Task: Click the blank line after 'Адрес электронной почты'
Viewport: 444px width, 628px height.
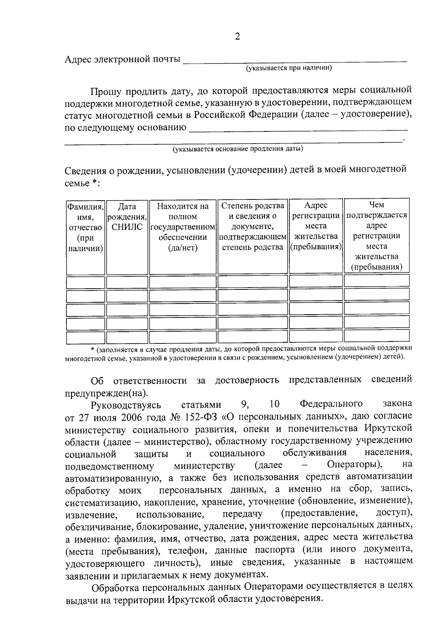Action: point(295,60)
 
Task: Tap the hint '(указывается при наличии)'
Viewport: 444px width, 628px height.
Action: point(289,68)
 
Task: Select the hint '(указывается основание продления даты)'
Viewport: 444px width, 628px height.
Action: point(238,149)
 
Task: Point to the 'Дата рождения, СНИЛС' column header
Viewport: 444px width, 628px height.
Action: point(127,217)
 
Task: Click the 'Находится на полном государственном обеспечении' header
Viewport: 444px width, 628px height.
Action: point(183,227)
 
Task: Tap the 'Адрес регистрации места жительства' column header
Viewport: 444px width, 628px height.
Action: point(316,226)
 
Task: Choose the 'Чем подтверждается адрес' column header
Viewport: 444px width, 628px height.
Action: point(377,236)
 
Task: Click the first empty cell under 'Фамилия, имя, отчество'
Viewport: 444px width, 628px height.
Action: point(85,282)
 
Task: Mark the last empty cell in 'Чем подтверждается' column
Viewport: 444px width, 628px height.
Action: point(377,336)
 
